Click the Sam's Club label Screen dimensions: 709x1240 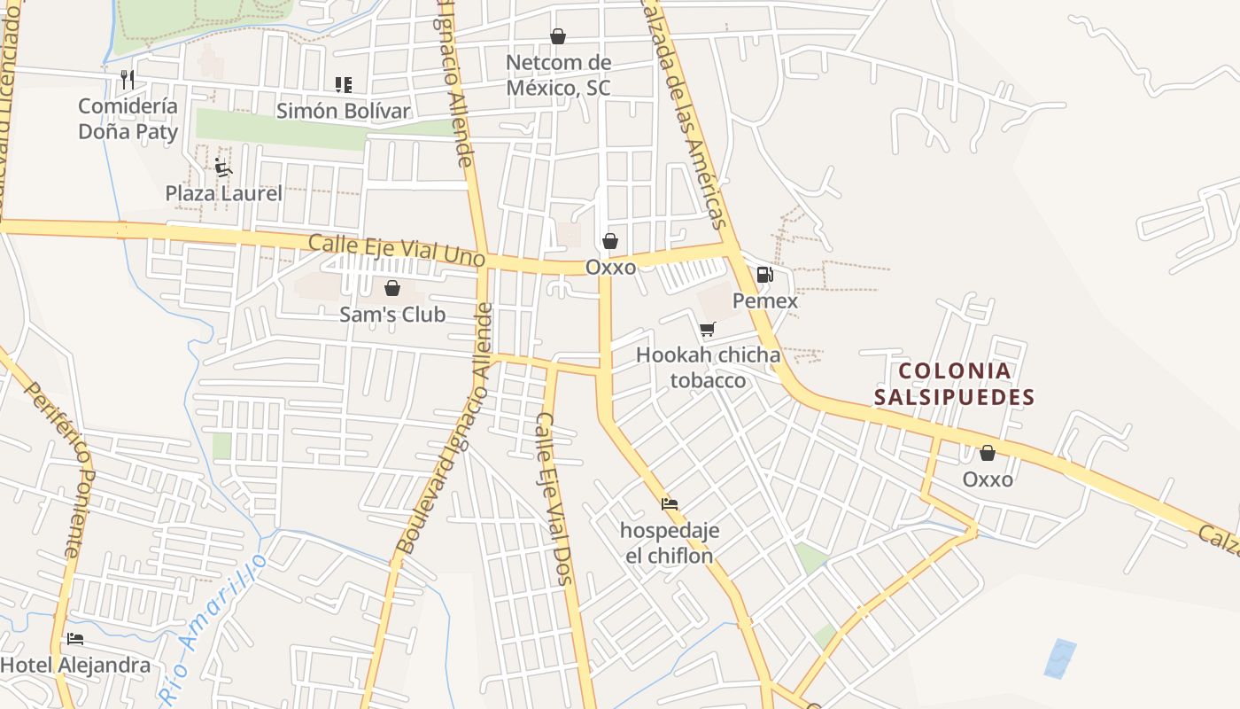click(x=392, y=315)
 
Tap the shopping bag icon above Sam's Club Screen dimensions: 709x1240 click(x=392, y=288)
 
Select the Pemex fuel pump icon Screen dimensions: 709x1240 click(x=765, y=275)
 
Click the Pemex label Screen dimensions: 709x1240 click(x=765, y=300)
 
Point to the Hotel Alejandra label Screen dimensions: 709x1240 click(x=75, y=665)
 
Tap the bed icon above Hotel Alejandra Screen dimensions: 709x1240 click(x=75, y=638)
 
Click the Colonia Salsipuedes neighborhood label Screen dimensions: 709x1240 click(x=955, y=384)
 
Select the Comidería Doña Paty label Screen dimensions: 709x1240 click(x=128, y=119)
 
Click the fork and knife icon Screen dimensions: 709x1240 click(x=128, y=80)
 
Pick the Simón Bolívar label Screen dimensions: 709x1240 click(x=344, y=111)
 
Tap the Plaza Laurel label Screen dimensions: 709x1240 click(x=224, y=193)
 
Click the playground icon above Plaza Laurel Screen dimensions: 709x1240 click(x=223, y=167)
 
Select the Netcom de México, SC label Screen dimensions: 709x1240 click(x=558, y=75)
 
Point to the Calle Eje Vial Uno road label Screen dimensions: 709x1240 click(x=396, y=249)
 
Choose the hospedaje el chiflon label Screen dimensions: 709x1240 click(x=670, y=542)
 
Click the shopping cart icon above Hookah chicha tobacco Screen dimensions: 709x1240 click(x=707, y=330)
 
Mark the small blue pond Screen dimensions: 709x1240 click(x=1060, y=658)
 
